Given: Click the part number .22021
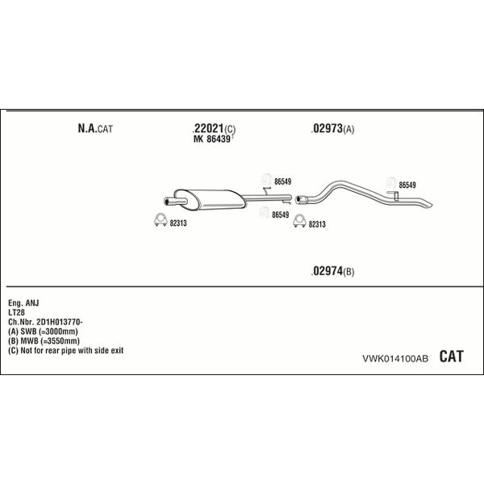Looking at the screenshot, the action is tap(208, 128).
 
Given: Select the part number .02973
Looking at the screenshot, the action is tap(327, 128).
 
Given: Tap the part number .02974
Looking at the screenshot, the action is tap(327, 271).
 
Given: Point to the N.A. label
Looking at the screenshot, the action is tap(87, 128).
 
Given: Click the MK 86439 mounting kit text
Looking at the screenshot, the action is tap(212, 139).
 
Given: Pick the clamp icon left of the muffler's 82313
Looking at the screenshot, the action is tap(161, 219).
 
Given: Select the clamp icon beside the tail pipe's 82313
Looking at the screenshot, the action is tap(299, 221).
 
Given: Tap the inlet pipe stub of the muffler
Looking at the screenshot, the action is tap(175, 202).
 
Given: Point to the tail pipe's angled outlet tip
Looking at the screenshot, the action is tap(428, 205).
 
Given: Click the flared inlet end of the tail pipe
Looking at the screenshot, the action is tap(301, 199).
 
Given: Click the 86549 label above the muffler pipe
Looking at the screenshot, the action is tap(282, 181).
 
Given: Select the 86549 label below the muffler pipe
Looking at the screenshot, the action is tap(280, 215).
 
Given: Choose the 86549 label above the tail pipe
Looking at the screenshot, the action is tap(407, 185).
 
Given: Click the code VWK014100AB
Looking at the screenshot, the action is tap(395, 358).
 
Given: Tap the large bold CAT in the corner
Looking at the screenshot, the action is tap(451, 357).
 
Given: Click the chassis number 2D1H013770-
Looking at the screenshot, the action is tap(59, 322).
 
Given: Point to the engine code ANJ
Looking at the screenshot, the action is tap(32, 302).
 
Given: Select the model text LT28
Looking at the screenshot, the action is tap(16, 312).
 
